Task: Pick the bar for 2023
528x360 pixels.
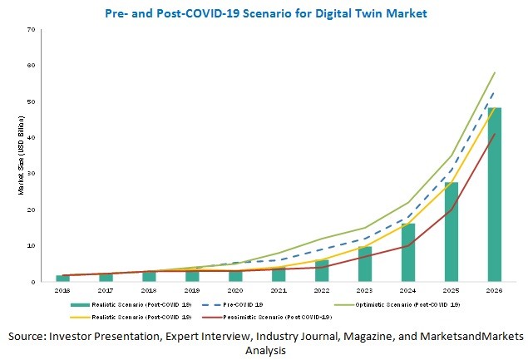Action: (x=365, y=264)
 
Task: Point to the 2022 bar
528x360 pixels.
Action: (x=322, y=271)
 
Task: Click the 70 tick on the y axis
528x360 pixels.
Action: (x=31, y=29)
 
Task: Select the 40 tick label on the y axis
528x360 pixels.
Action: (x=31, y=137)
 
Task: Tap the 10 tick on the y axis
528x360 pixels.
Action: (x=31, y=246)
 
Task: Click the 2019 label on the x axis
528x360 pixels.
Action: (x=192, y=290)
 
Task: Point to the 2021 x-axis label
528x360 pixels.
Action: (x=279, y=290)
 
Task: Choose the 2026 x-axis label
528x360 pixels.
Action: (x=494, y=290)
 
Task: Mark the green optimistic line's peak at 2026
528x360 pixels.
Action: (x=494, y=72)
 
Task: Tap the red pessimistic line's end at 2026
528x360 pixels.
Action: (x=494, y=134)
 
